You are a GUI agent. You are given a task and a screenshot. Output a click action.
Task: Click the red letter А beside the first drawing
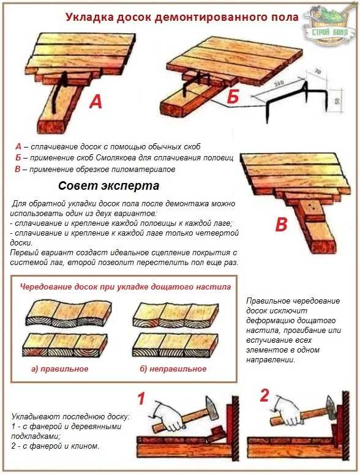point(96,102)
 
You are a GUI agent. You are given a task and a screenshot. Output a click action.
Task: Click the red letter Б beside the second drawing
point(233,97)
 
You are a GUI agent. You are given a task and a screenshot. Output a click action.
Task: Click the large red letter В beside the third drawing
point(281,225)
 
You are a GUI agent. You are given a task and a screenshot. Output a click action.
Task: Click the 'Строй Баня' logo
point(330,28)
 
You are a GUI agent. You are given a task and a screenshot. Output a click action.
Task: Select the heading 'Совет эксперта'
point(108,185)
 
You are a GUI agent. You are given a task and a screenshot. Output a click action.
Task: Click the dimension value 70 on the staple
point(318,72)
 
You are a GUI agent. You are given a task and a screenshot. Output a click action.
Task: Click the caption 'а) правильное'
point(60,368)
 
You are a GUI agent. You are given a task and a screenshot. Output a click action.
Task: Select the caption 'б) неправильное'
point(173,368)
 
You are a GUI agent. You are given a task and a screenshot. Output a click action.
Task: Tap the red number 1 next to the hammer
point(141,400)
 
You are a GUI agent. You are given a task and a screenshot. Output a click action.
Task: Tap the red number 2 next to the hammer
point(264,395)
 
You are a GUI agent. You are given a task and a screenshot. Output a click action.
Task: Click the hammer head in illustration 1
point(212,408)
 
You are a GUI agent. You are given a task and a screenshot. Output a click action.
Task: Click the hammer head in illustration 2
point(330,408)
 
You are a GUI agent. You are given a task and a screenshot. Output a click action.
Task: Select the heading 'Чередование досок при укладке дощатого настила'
point(125,286)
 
